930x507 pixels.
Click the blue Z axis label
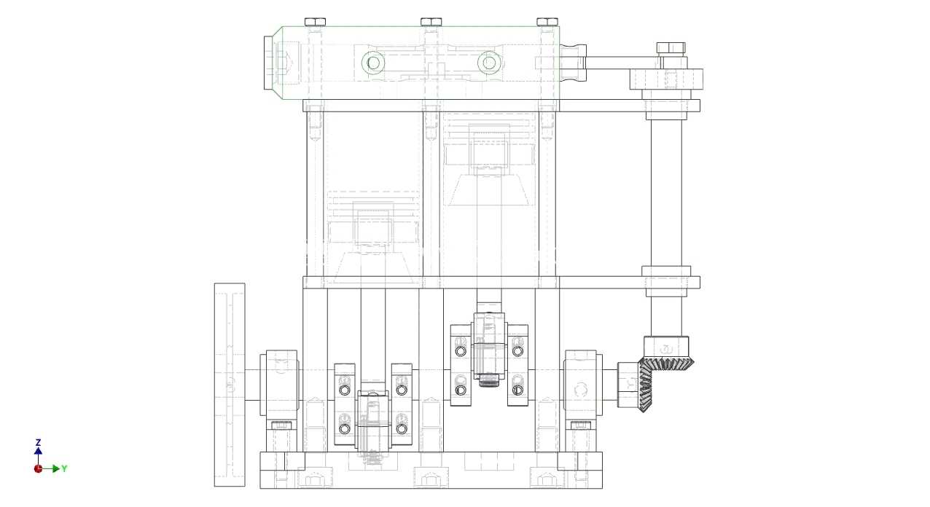point(38,442)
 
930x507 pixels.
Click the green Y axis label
point(64,469)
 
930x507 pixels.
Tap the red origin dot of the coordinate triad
point(38,469)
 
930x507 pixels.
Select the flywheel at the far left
point(230,385)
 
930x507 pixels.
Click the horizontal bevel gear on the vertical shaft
point(666,363)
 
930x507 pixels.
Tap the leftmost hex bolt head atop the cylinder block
point(315,22)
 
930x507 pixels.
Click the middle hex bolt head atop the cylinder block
point(431,22)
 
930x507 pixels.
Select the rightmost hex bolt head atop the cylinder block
point(547,22)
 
